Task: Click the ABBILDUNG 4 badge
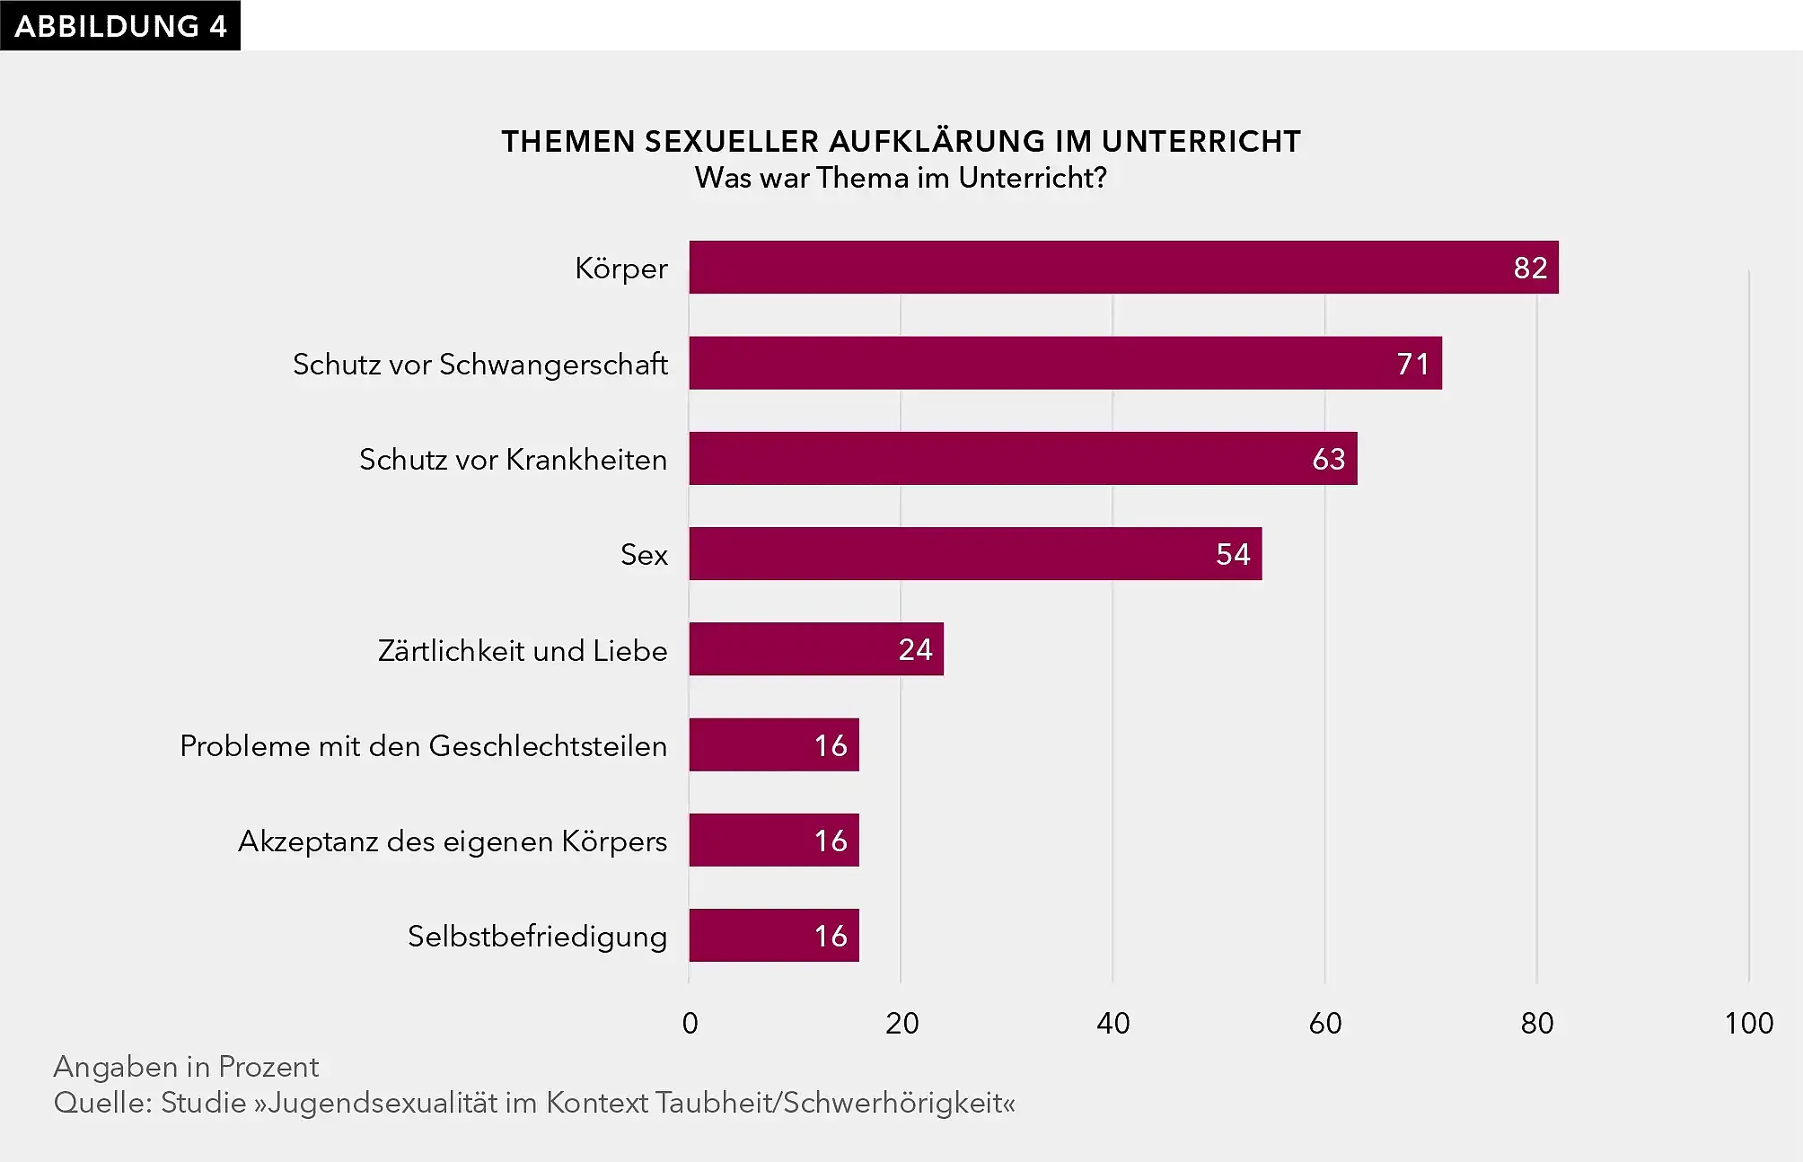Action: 119,26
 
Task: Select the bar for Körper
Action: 1122,268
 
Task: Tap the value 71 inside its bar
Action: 1412,364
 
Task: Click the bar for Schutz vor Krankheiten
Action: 1023,459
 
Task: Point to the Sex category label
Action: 644,555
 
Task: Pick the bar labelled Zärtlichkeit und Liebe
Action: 815,649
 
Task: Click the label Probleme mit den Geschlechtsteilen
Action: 423,746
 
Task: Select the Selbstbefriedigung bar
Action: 773,936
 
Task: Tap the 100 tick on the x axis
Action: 1748,1024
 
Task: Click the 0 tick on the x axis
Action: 690,1024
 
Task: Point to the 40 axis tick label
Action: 1113,1024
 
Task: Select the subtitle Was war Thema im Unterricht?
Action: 901,178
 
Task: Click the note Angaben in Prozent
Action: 186,1067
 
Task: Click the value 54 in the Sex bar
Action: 1232,555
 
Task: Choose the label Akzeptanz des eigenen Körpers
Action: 453,841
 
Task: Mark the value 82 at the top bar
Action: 1530,268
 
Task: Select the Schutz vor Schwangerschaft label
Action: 479,365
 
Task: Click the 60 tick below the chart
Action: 1324,1024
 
